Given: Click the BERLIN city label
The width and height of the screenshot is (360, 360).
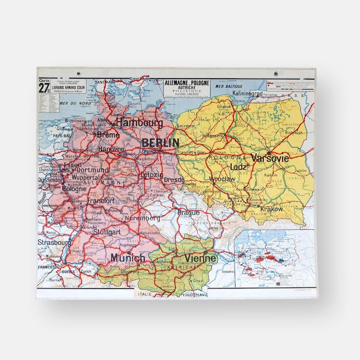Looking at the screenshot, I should (x=160, y=142).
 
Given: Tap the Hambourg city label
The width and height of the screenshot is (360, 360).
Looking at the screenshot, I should (x=140, y=123).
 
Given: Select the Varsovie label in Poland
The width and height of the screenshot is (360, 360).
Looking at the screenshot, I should (x=270, y=158).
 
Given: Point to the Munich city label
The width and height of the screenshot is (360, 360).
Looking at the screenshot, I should (x=128, y=258).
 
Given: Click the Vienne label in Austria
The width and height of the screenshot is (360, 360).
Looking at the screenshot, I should (x=200, y=258).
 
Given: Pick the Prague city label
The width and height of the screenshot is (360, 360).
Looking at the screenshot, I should (x=188, y=212).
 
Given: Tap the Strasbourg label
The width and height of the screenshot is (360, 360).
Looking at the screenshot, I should (x=54, y=243).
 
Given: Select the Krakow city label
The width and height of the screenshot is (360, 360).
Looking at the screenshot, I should (x=272, y=209).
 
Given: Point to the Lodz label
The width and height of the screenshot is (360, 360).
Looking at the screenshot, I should (x=238, y=166).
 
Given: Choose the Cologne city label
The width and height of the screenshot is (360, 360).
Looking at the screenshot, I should (x=74, y=188).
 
